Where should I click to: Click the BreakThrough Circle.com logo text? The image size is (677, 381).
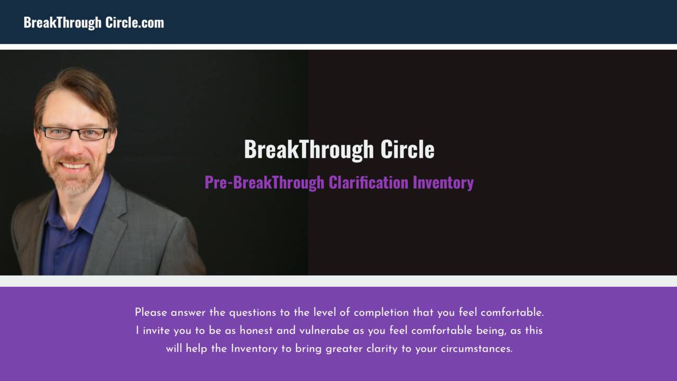point(94,22)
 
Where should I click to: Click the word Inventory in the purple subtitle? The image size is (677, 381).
point(443,183)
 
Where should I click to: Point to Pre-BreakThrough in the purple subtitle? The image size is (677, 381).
point(264,183)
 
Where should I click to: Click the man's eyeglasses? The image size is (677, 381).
point(75,132)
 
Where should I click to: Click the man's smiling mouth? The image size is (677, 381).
point(74,166)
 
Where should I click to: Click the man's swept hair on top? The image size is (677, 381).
point(79,85)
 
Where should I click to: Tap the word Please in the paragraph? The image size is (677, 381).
point(151,312)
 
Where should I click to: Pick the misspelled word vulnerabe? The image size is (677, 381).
point(324,331)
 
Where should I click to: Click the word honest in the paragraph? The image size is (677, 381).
point(257,331)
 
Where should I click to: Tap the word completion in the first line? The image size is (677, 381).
point(381,312)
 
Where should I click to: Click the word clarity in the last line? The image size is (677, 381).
point(381,349)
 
